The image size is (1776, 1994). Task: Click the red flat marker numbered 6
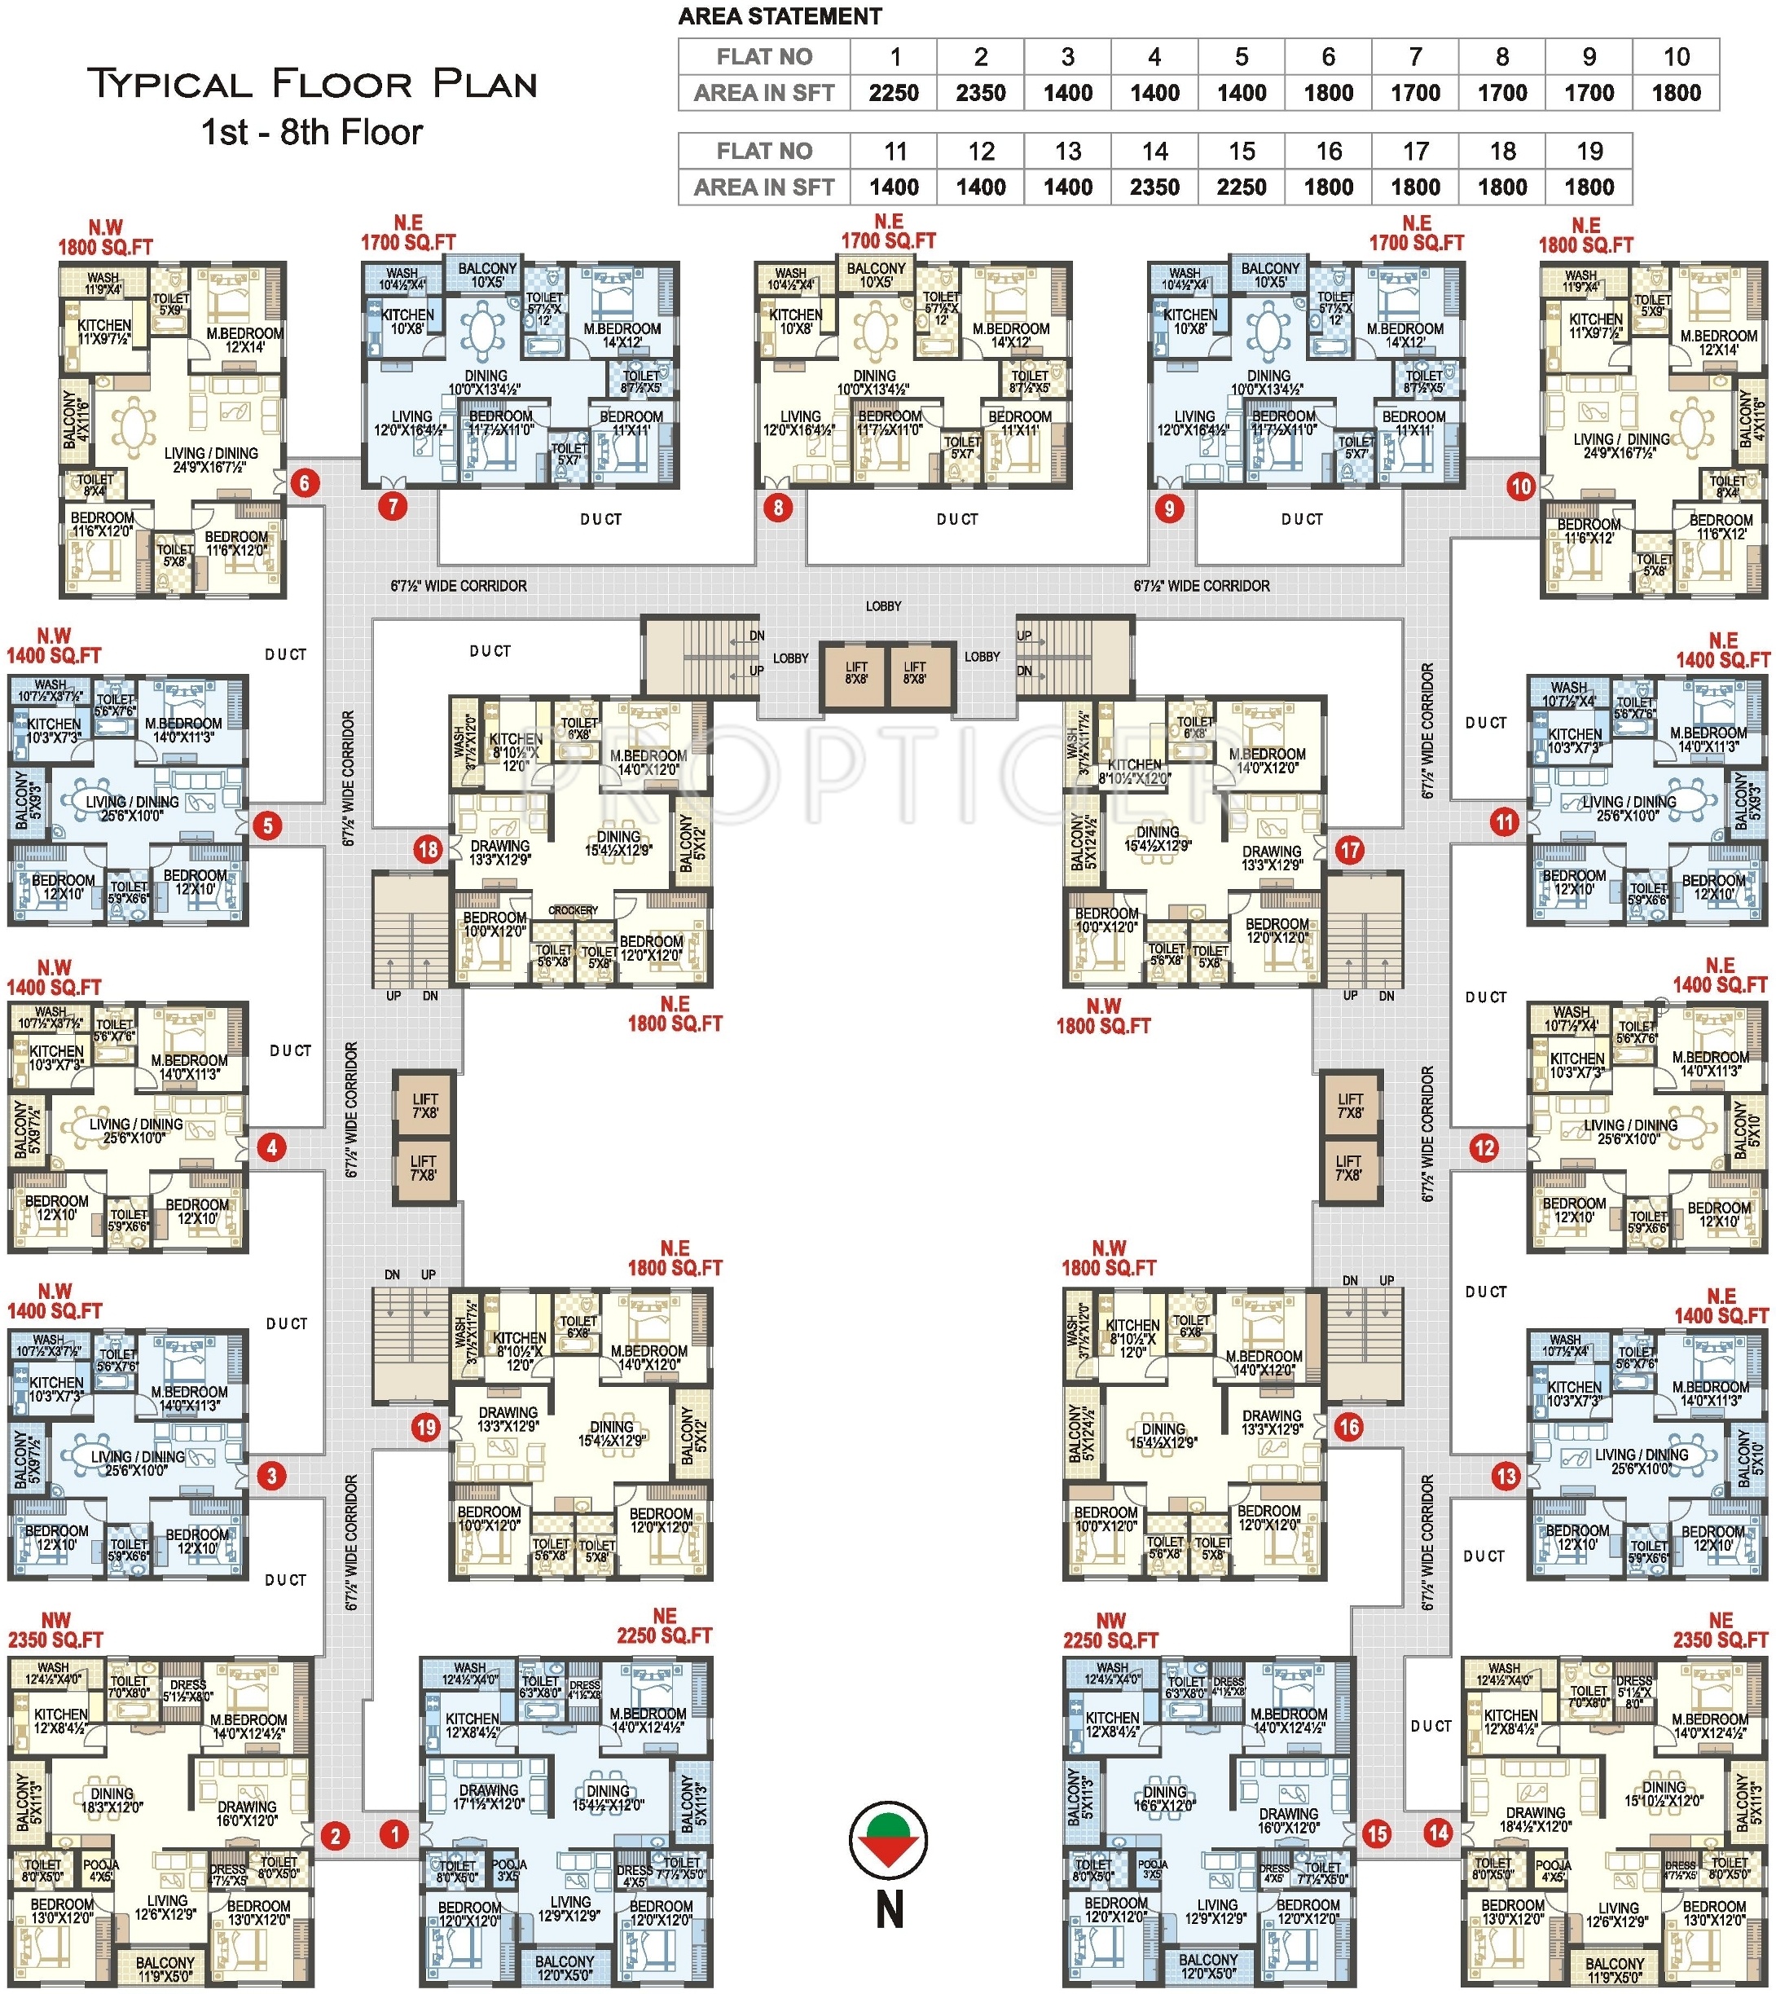306,483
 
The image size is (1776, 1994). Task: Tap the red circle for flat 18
428,849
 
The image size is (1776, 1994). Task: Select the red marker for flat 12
1484,1148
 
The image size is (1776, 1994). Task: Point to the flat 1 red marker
394,1834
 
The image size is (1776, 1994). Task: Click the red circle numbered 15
1377,1834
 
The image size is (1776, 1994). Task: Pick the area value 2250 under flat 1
894,93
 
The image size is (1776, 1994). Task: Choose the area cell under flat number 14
1154,187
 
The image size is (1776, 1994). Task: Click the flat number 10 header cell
1677,56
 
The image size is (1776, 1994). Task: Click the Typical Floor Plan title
312,85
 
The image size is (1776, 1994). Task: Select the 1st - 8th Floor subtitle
312,133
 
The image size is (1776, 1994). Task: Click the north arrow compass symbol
888,1840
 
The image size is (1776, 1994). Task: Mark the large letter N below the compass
889,1910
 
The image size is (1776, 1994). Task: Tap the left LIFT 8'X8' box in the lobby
855,673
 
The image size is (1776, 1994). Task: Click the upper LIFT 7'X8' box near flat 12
1351,1105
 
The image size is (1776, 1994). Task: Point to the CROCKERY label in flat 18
573,909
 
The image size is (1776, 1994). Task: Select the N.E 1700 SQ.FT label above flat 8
888,231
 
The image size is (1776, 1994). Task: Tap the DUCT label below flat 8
956,519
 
